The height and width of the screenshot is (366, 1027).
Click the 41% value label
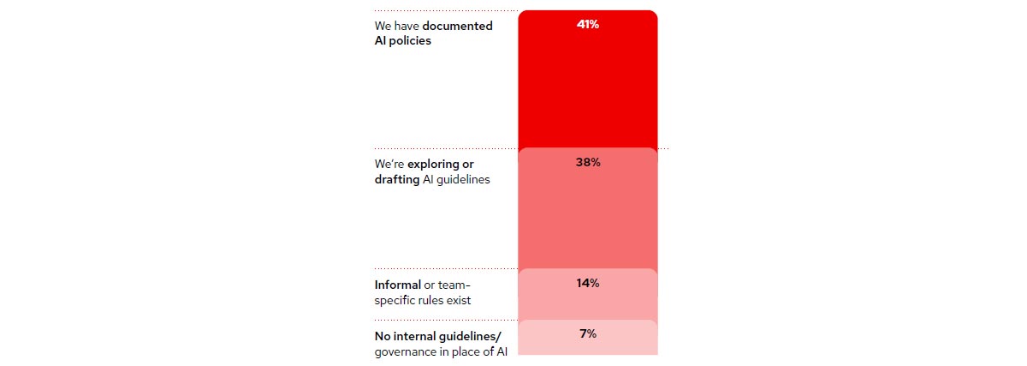point(587,25)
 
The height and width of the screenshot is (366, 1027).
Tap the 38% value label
point(587,162)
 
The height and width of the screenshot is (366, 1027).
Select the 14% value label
point(587,283)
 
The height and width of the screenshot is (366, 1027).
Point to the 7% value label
point(587,333)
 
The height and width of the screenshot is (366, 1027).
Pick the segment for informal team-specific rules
point(587,304)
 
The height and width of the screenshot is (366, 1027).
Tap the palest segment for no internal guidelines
point(587,345)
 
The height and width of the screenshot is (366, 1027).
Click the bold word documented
point(458,26)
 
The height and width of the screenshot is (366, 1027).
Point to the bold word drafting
point(397,179)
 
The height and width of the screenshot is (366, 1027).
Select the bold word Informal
point(398,285)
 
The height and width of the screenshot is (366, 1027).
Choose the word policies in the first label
point(411,41)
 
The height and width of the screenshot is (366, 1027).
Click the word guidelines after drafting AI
point(465,179)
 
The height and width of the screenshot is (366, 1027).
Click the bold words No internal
point(405,336)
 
